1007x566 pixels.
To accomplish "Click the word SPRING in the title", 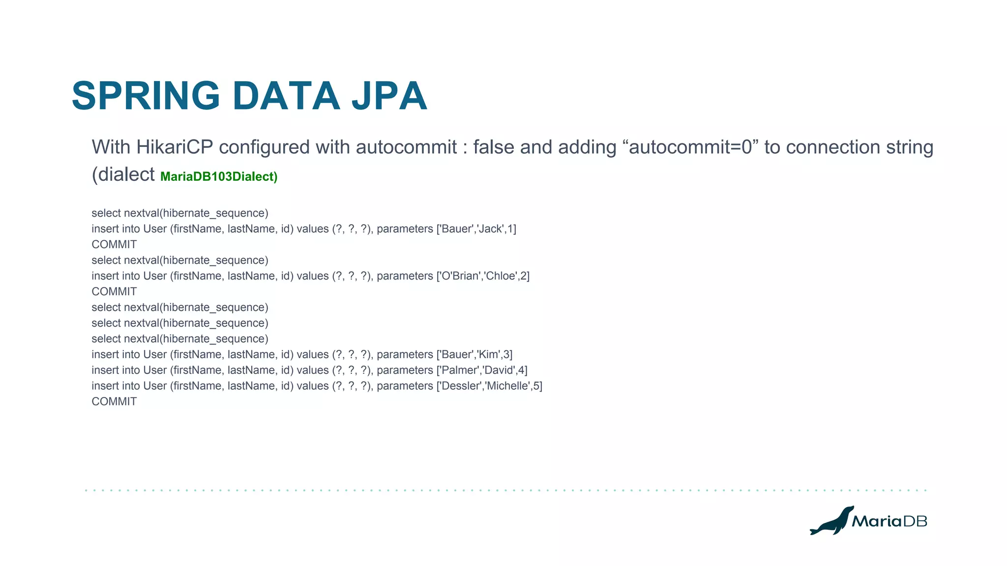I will pos(146,96).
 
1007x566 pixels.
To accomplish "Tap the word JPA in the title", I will pos(389,96).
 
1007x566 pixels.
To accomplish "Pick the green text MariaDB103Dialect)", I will pos(219,177).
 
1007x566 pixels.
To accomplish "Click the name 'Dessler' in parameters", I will pos(461,386).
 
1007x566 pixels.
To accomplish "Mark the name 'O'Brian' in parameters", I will pos(460,276).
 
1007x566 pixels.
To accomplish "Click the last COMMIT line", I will pos(114,402).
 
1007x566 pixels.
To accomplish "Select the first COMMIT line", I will pos(114,245).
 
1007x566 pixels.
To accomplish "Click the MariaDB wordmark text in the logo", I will pos(889,521).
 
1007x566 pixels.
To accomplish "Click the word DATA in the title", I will pos(286,96).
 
